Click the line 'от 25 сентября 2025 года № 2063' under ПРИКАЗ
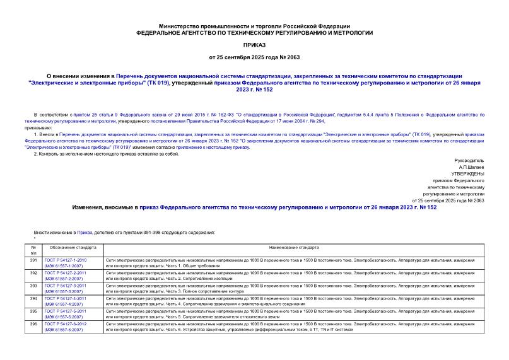254,58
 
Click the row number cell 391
34,260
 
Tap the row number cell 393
34,286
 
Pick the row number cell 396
34,324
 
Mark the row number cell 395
34,311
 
